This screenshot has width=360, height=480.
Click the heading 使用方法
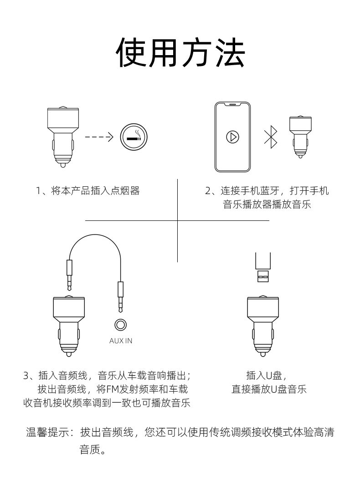pyautogui.click(x=180, y=53)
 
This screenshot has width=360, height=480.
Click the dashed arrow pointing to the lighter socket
pyautogui.click(x=99, y=137)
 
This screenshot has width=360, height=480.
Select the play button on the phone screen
pyautogui.click(x=233, y=137)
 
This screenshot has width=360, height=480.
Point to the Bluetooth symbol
pyautogui.click(x=270, y=137)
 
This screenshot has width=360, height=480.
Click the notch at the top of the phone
pyautogui.click(x=233, y=105)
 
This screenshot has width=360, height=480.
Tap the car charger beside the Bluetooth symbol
pyautogui.click(x=300, y=135)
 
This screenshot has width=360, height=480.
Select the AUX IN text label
pyautogui.click(x=121, y=341)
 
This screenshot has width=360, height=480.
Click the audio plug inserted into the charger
pyautogui.click(x=69, y=276)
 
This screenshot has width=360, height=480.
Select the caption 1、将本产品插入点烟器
pyautogui.click(x=88, y=191)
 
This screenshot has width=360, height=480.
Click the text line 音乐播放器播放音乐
pyautogui.click(x=267, y=204)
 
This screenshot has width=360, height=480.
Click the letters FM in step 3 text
pyautogui.click(x=113, y=389)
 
